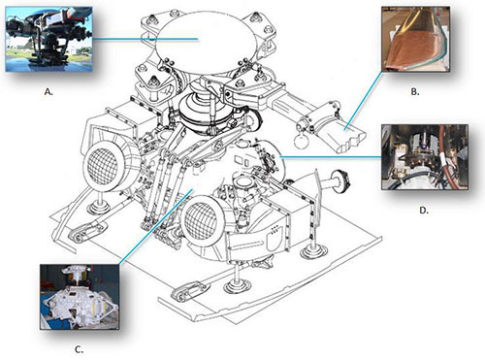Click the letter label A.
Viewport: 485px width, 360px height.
tap(48, 92)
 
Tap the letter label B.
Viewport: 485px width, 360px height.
tap(415, 92)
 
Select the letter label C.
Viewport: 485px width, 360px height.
tap(79, 349)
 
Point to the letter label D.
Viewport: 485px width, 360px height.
tap(424, 211)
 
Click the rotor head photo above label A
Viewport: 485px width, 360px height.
tap(48, 39)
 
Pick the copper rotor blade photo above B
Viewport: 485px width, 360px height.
tap(415, 39)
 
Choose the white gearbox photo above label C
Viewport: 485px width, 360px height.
tap(80, 297)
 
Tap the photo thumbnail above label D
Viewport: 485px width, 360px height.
tap(425, 157)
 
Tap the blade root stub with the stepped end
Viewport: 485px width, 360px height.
tap(341, 133)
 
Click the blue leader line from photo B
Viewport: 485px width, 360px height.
tap(364, 100)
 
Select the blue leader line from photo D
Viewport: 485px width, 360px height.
tap(331, 157)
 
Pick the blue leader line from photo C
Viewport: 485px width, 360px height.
tap(156, 226)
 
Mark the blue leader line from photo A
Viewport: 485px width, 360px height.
tap(145, 39)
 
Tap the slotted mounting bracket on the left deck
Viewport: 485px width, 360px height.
tap(87, 232)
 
